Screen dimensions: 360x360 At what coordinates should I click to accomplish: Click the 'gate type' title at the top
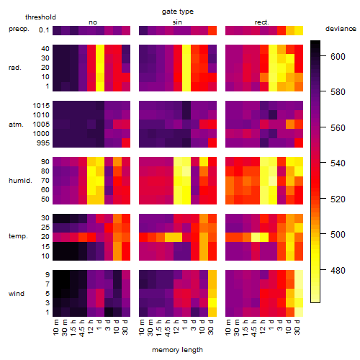(x=178, y=12)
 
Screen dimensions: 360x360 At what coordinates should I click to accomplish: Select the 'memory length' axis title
(x=177, y=350)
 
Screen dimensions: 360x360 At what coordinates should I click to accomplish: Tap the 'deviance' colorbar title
(x=341, y=29)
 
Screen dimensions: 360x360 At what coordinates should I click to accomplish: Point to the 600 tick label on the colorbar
(x=338, y=57)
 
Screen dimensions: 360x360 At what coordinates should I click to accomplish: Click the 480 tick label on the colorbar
(x=338, y=271)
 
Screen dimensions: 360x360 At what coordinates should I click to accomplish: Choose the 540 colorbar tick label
(x=338, y=163)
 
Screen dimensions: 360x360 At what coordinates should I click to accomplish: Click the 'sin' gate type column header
(x=177, y=22)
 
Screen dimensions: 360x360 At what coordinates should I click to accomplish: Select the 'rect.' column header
(x=262, y=22)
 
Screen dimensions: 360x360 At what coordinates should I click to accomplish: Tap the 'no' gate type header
(x=93, y=22)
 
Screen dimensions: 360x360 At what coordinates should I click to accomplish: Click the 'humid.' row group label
(x=20, y=181)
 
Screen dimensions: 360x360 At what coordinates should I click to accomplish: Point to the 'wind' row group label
(x=17, y=294)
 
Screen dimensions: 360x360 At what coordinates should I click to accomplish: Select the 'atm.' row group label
(x=16, y=125)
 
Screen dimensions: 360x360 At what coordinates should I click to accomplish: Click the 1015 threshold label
(x=41, y=106)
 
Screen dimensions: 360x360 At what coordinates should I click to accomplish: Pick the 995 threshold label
(x=43, y=143)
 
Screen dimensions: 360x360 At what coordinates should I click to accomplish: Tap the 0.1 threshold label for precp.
(x=44, y=30)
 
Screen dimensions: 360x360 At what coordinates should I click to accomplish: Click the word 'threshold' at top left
(x=40, y=17)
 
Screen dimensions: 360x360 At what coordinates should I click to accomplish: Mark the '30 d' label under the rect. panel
(x=297, y=327)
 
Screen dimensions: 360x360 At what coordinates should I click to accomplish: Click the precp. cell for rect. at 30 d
(x=299, y=30)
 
